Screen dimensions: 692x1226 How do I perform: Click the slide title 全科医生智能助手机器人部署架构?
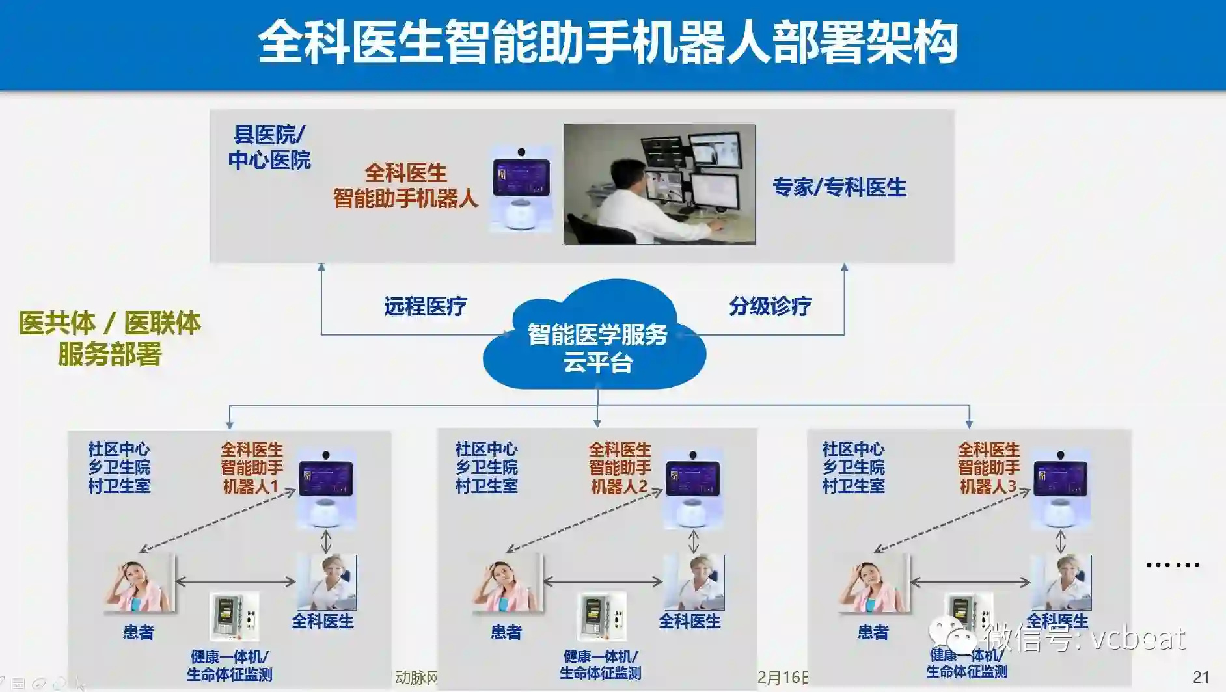coord(608,43)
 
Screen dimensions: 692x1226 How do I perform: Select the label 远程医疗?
coord(425,306)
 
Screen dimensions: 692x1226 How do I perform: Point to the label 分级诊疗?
coord(770,306)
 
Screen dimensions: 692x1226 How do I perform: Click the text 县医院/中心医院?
coord(269,148)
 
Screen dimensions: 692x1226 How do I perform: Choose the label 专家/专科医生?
coord(839,187)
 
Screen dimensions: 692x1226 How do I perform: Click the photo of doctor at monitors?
coord(659,184)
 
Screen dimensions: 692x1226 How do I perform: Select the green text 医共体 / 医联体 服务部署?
coord(109,338)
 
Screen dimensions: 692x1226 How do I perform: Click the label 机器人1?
coord(251,486)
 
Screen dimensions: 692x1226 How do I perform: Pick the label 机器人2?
coord(620,486)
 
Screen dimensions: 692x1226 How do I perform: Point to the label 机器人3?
coord(988,486)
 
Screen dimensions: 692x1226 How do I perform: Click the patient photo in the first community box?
coord(139,583)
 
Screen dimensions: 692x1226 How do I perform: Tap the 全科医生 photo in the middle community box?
coord(694,582)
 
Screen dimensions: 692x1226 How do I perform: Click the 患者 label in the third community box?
coord(873,632)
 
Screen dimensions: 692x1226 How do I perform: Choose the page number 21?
coord(1201,678)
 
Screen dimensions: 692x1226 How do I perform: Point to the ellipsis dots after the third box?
coord(1173,565)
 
